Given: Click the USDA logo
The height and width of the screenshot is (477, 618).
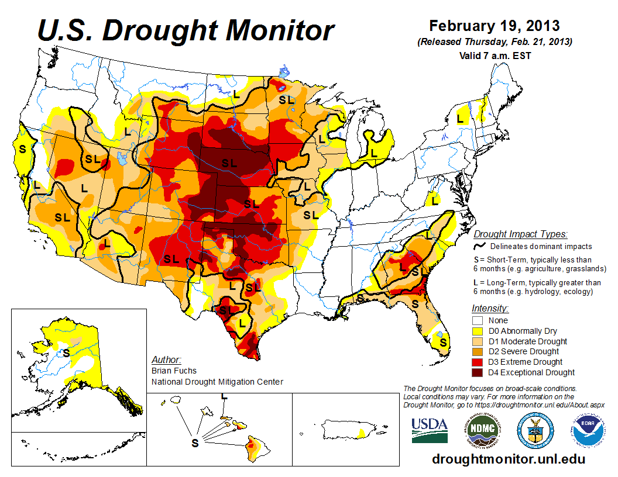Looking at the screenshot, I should (430, 431).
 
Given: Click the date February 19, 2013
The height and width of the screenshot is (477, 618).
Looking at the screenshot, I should (494, 26).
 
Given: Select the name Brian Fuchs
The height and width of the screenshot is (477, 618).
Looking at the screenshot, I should (174, 371).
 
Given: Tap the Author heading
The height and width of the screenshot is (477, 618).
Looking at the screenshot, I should (166, 360).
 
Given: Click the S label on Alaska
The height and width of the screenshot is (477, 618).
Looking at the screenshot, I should (66, 353).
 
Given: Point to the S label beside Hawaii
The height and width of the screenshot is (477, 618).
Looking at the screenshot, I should (195, 443).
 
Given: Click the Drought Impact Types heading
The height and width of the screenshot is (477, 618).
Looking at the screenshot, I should (520, 234).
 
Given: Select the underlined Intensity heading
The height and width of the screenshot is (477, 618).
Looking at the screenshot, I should (490, 308).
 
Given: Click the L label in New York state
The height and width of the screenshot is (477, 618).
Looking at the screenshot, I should (460, 118).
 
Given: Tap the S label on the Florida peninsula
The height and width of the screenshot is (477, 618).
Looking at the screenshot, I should (444, 342).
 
